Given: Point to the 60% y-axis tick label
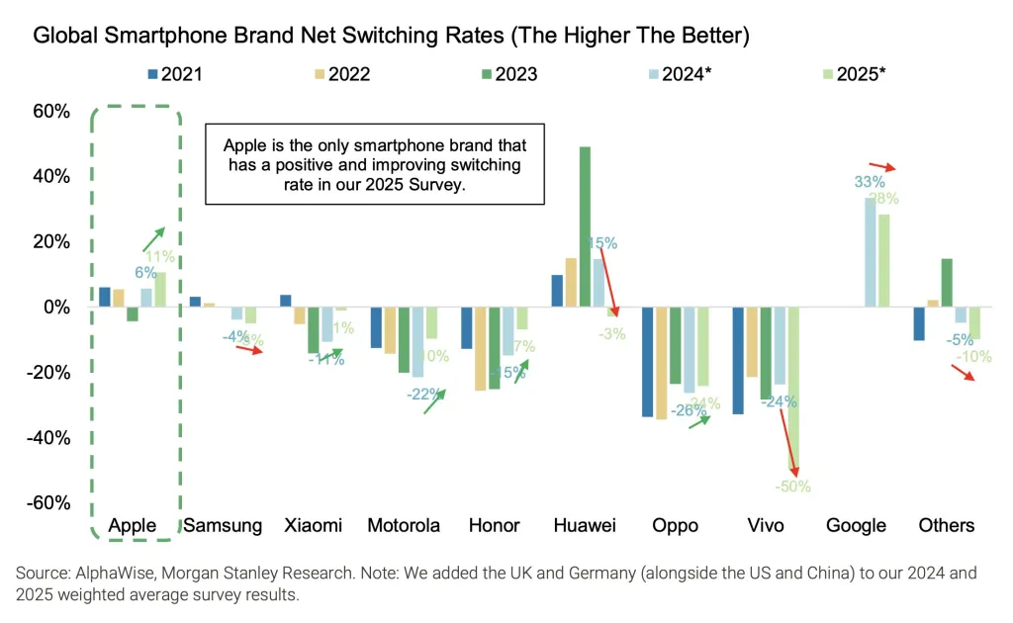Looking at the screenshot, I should (x=49, y=112).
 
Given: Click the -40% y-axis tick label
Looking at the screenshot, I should (x=46, y=437).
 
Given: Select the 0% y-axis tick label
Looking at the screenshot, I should (x=55, y=308).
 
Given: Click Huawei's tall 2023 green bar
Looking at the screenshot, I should (x=585, y=226).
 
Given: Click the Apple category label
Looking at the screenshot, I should (x=133, y=525).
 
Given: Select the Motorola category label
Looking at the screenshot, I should (x=403, y=525).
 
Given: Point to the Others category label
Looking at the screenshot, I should (x=946, y=525).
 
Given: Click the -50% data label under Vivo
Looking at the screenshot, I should (x=793, y=486).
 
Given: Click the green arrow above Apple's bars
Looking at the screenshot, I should (x=152, y=238).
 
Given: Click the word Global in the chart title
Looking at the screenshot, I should (x=64, y=37).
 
